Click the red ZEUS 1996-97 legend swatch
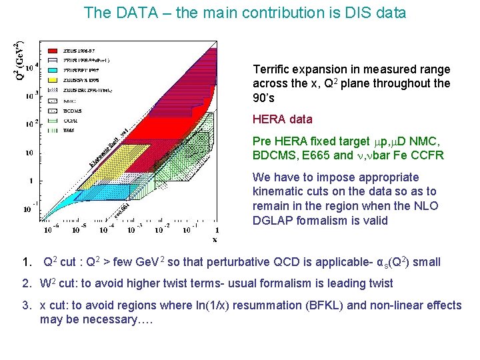pos(53,51)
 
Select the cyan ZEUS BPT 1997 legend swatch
pos(53,69)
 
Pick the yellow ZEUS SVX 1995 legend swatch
pos(53,79)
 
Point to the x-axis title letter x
pos(214,238)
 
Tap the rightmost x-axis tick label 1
pos(217,230)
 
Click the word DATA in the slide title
pos(130,12)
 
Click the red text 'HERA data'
pos(282,119)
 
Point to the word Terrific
pos(273,69)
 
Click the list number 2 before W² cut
pos(24,283)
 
